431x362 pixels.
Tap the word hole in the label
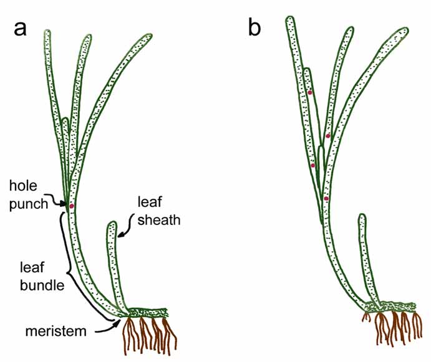[x=22, y=185]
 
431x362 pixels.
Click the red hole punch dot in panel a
[x=72, y=206]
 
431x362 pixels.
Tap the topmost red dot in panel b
[x=309, y=93]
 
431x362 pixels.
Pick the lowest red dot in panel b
[x=326, y=199]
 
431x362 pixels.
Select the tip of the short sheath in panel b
[x=362, y=217]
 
